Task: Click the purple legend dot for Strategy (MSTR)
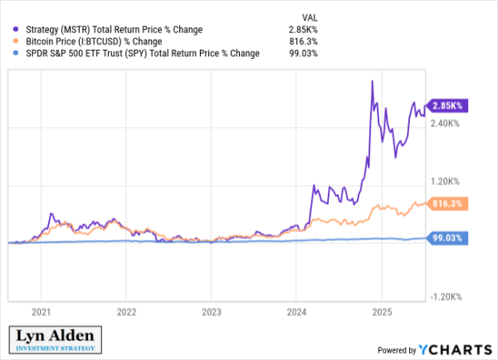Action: click(17, 30)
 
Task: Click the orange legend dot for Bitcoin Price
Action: click(17, 41)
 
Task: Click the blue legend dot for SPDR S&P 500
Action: click(17, 53)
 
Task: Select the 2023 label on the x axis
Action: click(211, 313)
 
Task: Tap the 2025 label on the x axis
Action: click(380, 313)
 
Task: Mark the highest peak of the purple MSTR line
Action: click(372, 80)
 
